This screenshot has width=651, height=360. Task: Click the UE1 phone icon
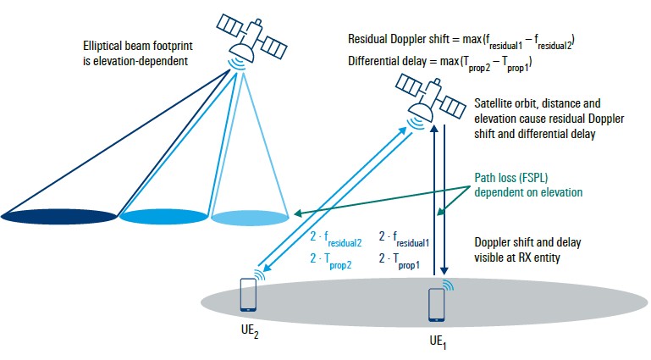436,304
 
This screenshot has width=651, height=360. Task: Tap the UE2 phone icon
248,294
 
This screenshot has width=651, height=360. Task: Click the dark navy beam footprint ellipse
60,218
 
